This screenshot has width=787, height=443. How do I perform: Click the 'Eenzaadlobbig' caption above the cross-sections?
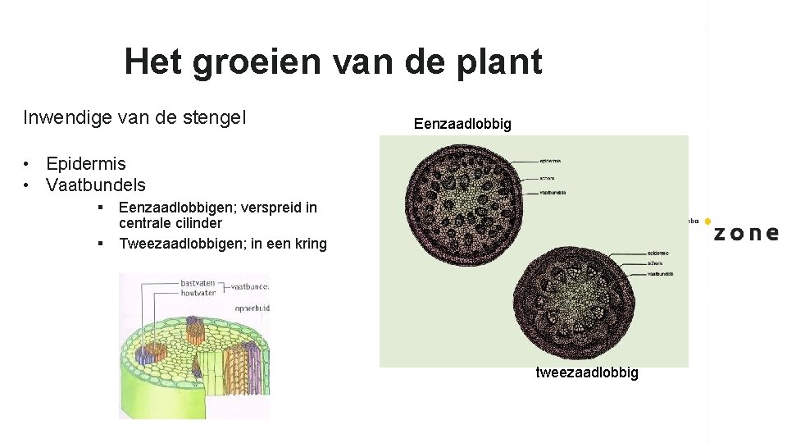[462, 125]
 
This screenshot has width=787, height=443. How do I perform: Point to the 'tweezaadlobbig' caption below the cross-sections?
[586, 373]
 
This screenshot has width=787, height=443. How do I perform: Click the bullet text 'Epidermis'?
[86, 163]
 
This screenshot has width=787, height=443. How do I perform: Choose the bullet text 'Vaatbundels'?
[96, 185]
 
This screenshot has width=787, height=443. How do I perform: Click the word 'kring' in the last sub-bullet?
[309, 244]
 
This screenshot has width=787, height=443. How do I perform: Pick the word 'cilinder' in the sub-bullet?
[197, 223]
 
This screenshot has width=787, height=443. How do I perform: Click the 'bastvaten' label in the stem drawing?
[199, 283]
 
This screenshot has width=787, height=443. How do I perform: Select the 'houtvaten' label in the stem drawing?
[199, 293]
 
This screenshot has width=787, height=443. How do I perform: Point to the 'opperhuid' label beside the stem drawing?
[251, 309]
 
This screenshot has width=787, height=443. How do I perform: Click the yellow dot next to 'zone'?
[707, 221]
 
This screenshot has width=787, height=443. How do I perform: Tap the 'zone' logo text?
[745, 233]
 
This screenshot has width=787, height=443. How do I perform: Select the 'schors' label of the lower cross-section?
[654, 263]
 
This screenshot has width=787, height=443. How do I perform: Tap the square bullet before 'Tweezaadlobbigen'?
[99, 244]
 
